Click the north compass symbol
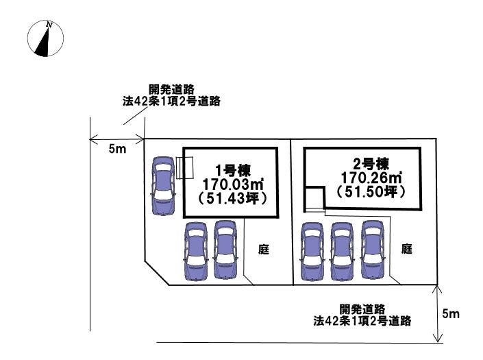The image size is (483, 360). pos(45,38)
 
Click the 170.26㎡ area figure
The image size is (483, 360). pos(371,178)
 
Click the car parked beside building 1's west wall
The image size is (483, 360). pos(164,186)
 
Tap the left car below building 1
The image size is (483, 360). pos(195,250)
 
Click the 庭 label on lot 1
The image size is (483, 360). pos(263,250)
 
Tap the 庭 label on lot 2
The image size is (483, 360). pos(406,250)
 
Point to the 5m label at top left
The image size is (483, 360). pos(117,149)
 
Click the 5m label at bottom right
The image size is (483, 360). pos(451,314)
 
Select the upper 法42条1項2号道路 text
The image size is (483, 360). pos(171,101)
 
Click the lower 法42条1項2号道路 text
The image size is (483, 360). pos(362,320)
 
